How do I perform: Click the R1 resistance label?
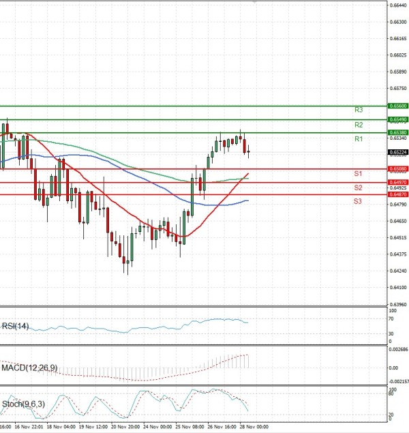pyautogui.click(x=358, y=139)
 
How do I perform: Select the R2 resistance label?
pyautogui.click(x=358, y=125)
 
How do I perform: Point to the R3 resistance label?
pyautogui.click(x=358, y=110)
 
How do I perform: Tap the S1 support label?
pyautogui.click(x=357, y=175)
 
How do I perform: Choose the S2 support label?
pyautogui.click(x=357, y=188)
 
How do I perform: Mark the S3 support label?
pyautogui.click(x=357, y=201)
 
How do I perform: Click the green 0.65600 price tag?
pyautogui.click(x=397, y=106)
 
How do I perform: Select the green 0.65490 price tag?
pyautogui.click(x=397, y=119)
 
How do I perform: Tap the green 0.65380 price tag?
pyautogui.click(x=397, y=132)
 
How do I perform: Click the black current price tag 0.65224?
pyautogui.click(x=397, y=152)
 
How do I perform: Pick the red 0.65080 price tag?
pyautogui.click(x=397, y=168)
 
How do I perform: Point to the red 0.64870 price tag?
pyautogui.click(x=397, y=194)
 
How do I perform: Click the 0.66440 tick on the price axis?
pyautogui.click(x=399, y=5)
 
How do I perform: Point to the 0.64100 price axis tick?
pyautogui.click(x=399, y=288)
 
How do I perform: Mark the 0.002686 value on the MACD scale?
pyautogui.click(x=398, y=349)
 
